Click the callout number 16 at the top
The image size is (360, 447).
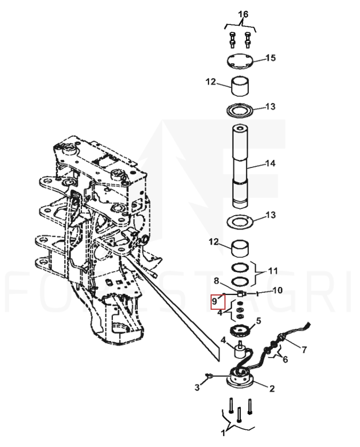click(x=243, y=14)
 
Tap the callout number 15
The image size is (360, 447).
click(x=271, y=58)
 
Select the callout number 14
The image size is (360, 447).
click(x=270, y=163)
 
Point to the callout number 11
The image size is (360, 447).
click(x=273, y=270)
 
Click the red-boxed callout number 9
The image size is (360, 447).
click(x=215, y=301)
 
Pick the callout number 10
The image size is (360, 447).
click(x=277, y=290)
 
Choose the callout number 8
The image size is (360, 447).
click(x=216, y=281)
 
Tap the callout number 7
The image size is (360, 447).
click(x=304, y=349)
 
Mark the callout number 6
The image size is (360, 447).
click(x=285, y=359)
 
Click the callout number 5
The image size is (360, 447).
click(x=259, y=321)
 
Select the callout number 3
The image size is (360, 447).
click(x=197, y=387)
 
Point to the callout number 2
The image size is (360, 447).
click(x=272, y=388)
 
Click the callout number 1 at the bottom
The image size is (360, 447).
click(x=223, y=433)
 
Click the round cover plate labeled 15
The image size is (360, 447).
click(x=240, y=61)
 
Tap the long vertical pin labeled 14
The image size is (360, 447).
click(x=240, y=166)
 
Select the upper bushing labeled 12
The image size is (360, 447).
click(x=240, y=86)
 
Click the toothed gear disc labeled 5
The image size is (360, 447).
click(x=240, y=331)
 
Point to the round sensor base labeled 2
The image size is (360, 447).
click(x=240, y=378)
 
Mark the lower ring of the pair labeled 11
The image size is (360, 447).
click(x=240, y=281)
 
